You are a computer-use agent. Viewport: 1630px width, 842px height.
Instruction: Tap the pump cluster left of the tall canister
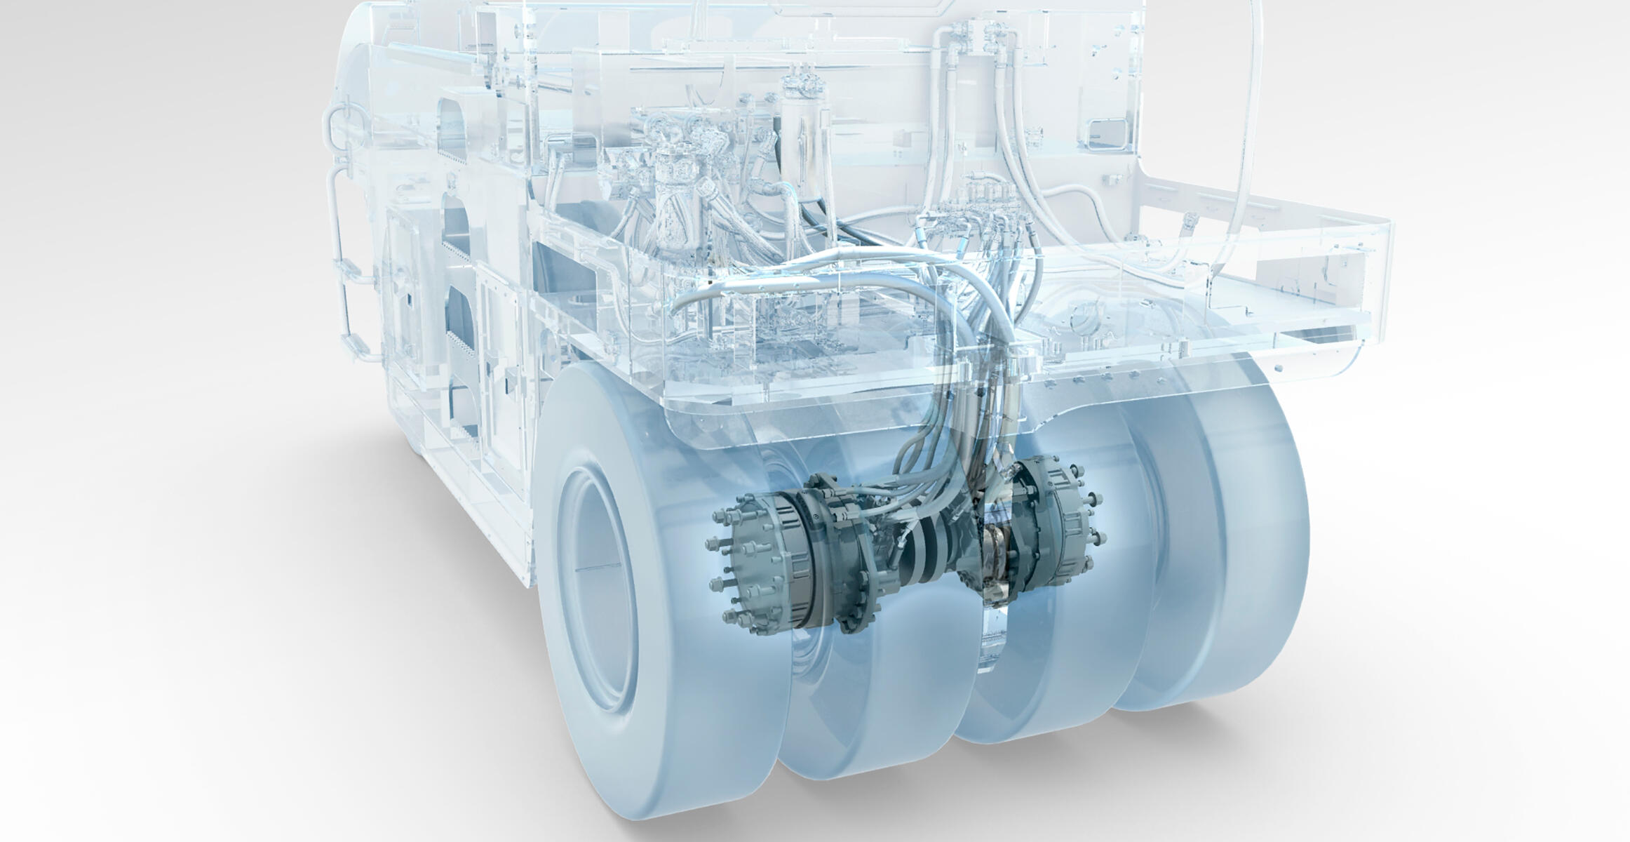[x=673, y=175]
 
